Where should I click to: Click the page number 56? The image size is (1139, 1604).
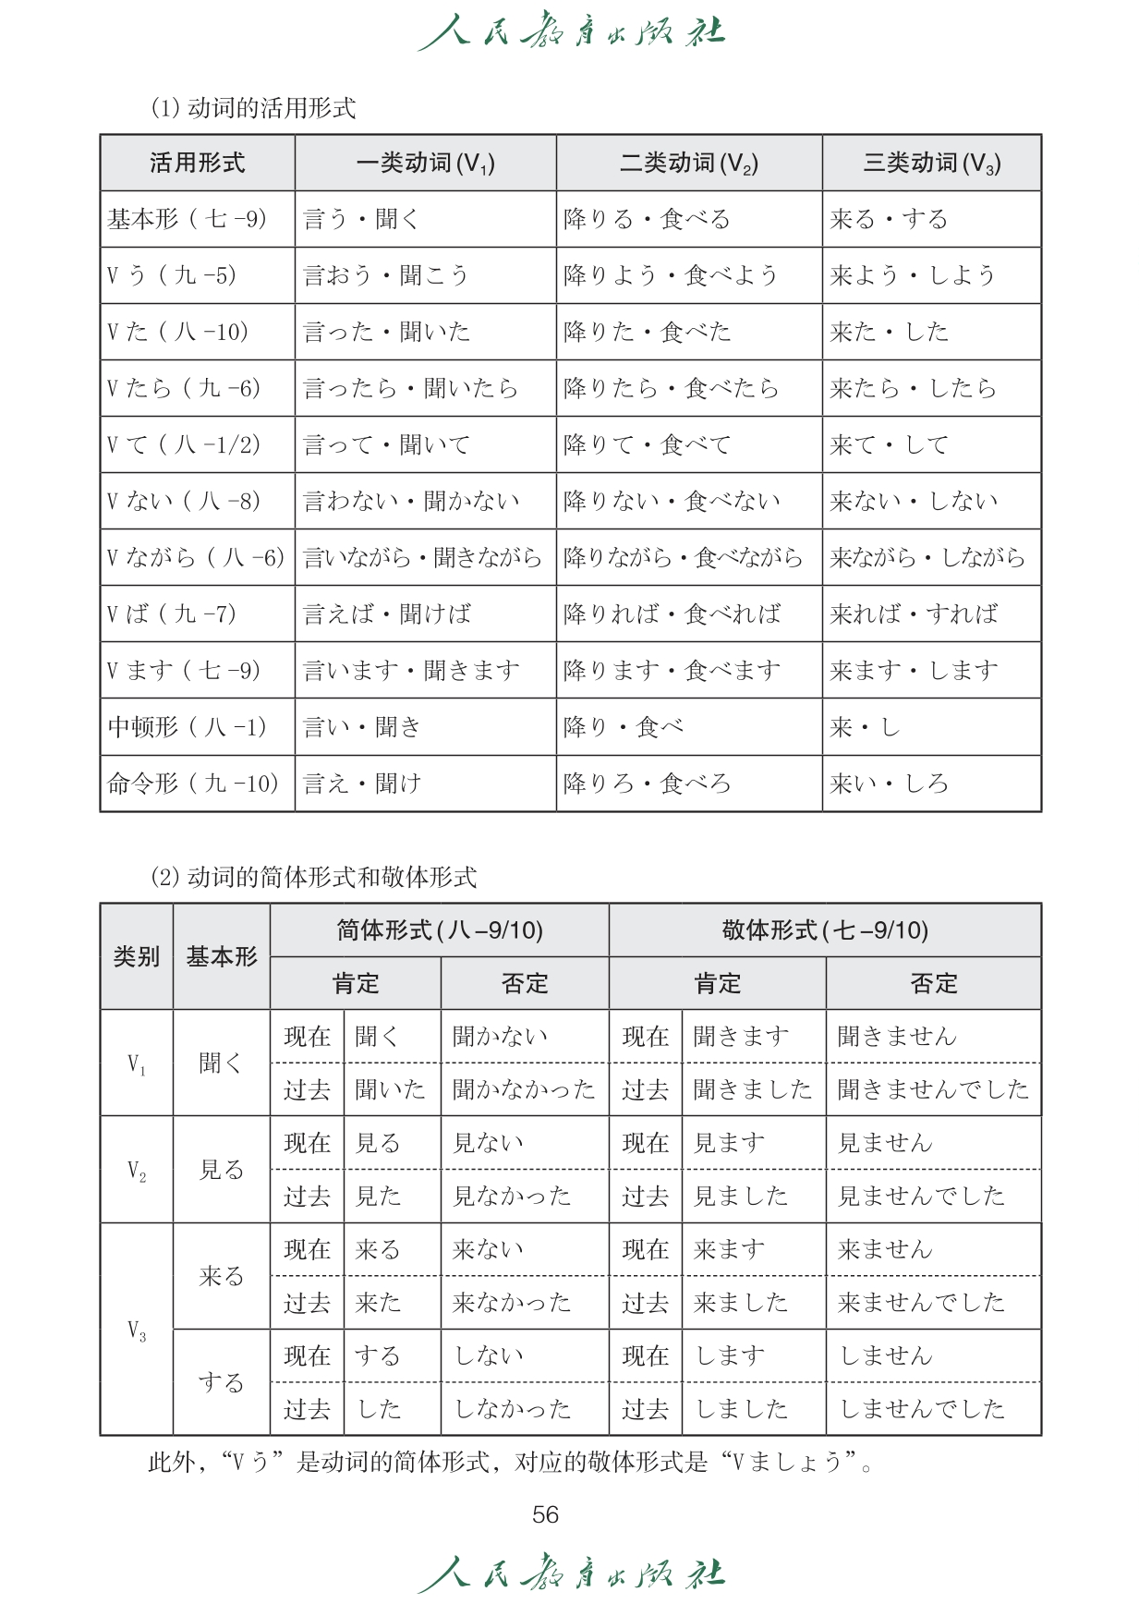pyautogui.click(x=545, y=1514)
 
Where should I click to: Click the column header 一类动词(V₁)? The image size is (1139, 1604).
pyautogui.click(x=425, y=164)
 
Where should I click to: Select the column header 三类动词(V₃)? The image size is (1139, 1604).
pyautogui.click(x=931, y=164)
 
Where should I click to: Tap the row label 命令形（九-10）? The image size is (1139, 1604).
pyautogui.click(x=193, y=784)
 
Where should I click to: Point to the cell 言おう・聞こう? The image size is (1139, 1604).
pyautogui.click(x=386, y=275)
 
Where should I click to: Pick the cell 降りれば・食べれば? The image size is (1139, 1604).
pyautogui.click(x=672, y=614)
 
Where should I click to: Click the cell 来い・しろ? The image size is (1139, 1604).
pyautogui.click(x=889, y=784)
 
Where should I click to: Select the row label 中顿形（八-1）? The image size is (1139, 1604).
pyautogui.click(x=188, y=727)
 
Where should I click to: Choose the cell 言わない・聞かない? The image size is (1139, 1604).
pyautogui.click(x=411, y=501)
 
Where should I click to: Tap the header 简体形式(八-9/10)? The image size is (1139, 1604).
pyautogui.click(x=439, y=930)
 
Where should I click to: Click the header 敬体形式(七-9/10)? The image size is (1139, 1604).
pyautogui.click(x=825, y=930)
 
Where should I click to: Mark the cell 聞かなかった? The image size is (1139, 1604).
pyautogui.click(x=524, y=1090)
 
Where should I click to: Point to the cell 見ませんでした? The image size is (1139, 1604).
pyautogui.click(x=921, y=1197)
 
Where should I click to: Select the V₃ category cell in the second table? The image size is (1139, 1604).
pyautogui.click(x=137, y=1331)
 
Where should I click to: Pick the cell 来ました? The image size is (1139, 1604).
pyautogui.click(x=741, y=1303)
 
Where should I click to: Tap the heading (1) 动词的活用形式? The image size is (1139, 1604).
pyautogui.click(x=253, y=108)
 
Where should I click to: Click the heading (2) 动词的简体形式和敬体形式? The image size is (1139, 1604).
pyautogui.click(x=314, y=877)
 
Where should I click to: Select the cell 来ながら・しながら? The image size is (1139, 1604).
pyautogui.click(x=927, y=557)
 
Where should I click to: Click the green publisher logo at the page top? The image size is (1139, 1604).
pyautogui.click(x=571, y=32)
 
